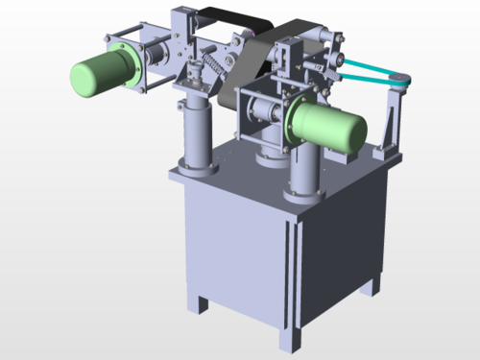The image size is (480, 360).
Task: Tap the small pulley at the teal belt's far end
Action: (399, 84)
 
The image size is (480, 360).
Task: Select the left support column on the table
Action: (196, 134)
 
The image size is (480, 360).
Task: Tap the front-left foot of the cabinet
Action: (204, 304)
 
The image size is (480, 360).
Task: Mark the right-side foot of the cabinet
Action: (370, 286)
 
